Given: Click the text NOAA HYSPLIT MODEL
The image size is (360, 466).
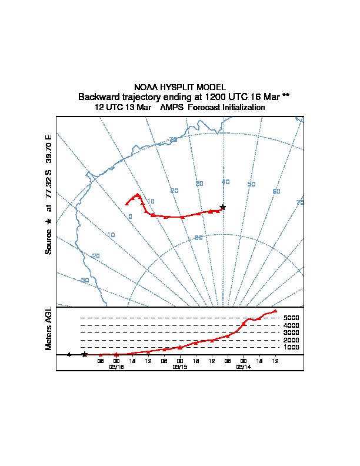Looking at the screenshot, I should [x=180, y=87].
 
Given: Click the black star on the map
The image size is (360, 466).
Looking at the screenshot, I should [x=222, y=207].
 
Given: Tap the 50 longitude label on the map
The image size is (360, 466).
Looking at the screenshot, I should [x=251, y=184].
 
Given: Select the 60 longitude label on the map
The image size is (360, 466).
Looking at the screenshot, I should [x=276, y=191].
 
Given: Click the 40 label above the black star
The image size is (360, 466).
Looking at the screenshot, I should [x=225, y=182].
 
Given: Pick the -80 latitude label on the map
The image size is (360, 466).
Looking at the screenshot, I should [x=198, y=238].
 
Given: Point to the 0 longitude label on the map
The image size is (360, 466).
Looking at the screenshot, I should [x=130, y=217].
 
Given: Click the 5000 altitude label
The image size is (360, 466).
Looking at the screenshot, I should [x=292, y=318].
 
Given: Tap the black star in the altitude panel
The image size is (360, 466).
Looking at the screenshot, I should [x=85, y=354].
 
